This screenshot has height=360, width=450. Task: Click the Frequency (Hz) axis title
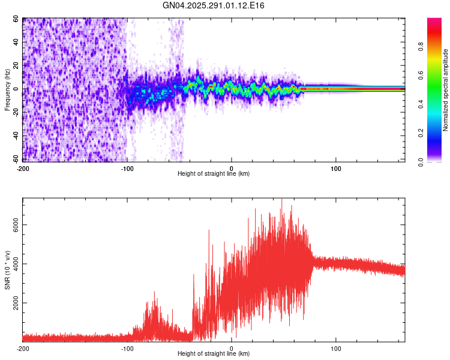coord(7,90)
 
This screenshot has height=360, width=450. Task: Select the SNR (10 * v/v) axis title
coord(7,270)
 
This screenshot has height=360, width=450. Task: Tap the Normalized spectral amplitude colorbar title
coord(446,90)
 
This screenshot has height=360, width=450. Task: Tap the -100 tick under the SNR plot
coord(127,349)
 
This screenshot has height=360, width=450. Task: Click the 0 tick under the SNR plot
coord(232,349)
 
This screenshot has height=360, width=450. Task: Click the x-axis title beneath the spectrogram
coord(214,174)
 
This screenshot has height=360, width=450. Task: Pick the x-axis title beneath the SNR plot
coord(214,354)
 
